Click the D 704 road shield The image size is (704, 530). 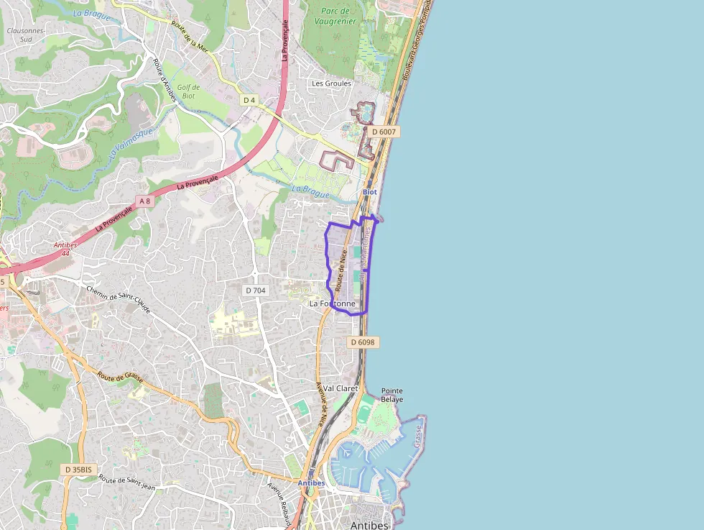pos(255,291)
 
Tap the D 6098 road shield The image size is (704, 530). pos(363,342)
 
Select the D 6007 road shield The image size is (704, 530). pos(385,132)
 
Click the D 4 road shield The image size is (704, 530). pos(249,100)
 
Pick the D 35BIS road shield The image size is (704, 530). pos(77,470)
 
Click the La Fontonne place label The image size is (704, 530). pos(332,304)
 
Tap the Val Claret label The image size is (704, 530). pos(341,388)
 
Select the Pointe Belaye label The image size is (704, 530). pos(392,395)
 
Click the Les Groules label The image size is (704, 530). pos(331,83)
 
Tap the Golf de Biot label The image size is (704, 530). pos(188,91)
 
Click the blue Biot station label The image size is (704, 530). pos(369,192)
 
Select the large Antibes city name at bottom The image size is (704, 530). pos(369,525)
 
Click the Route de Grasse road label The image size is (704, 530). pos(121,378)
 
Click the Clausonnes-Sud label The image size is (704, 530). pos(26,35)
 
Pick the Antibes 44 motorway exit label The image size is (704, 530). pos(65,249)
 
